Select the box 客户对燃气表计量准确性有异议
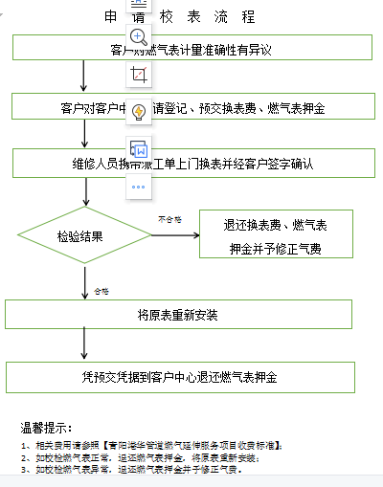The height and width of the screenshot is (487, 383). click(239, 48)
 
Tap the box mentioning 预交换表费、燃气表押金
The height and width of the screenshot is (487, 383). click(239, 108)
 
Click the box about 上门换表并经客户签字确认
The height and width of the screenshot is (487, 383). click(239, 164)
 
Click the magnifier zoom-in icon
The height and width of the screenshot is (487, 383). click(139, 37)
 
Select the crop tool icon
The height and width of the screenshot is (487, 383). click(139, 74)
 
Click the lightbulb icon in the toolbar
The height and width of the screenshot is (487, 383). click(139, 112)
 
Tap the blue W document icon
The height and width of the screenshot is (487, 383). click(139, 149)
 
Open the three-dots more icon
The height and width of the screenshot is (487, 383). click(139, 186)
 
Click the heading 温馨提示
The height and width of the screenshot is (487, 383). click(47, 427)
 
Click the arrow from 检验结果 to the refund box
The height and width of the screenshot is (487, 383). click(171, 235)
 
